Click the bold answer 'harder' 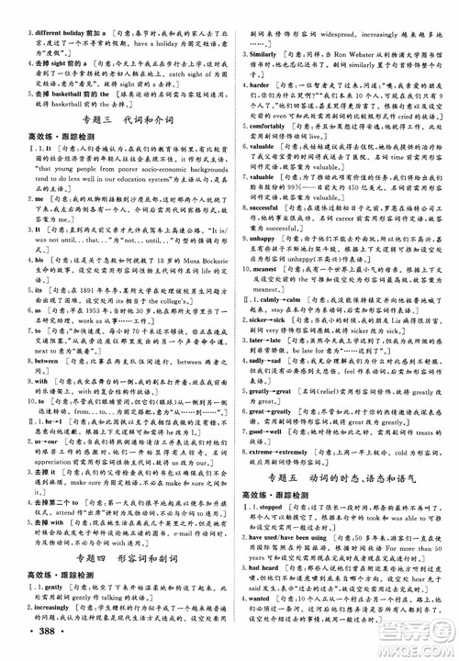point(266,84)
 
